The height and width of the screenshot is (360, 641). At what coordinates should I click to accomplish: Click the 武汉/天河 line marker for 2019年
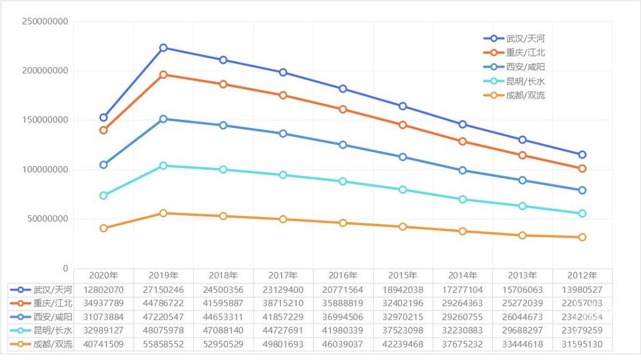point(163,48)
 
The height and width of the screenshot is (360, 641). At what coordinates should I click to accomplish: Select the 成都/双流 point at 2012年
point(582,237)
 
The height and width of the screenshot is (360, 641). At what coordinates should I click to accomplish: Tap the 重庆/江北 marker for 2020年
point(103,130)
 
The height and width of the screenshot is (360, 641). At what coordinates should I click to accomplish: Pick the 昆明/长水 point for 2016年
point(343,181)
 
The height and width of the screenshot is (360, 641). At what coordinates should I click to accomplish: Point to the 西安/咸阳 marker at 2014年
point(462,171)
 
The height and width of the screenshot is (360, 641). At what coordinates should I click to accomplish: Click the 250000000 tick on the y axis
point(45,21)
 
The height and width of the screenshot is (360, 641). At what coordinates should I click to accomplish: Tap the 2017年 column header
point(283,275)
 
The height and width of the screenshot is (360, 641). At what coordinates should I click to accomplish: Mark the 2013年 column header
point(522,275)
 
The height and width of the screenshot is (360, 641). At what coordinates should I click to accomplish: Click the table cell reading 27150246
point(163,290)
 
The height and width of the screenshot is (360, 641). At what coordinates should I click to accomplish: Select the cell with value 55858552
point(163,344)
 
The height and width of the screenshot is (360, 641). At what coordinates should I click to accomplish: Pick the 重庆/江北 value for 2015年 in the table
point(403,304)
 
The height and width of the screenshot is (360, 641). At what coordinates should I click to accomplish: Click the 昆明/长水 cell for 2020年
point(103,331)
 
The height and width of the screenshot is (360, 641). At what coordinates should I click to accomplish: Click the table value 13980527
point(582,290)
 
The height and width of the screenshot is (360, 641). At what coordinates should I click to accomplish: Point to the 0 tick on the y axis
point(65,268)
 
